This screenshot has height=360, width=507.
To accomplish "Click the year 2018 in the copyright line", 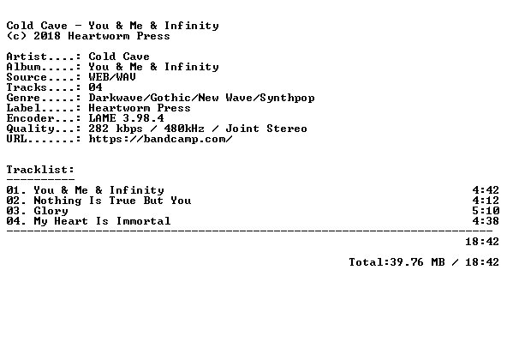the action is tap(47, 36).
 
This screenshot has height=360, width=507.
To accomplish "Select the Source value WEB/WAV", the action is tap(112, 77).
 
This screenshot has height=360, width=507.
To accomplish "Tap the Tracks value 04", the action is tap(95, 87).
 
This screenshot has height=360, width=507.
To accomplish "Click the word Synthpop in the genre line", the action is tap(287, 98).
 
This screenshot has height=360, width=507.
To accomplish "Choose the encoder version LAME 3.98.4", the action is tap(127, 118).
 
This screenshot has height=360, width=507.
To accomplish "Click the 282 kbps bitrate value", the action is tap(116, 129).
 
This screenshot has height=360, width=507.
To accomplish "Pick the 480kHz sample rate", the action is tap(184, 129).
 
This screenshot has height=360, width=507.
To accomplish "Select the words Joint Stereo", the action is tap(266, 129).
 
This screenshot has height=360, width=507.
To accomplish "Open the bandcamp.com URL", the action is tap(160, 139).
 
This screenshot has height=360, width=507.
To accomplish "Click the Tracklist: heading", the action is tap(40, 170).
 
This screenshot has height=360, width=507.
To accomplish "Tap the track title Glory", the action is tap(51, 211).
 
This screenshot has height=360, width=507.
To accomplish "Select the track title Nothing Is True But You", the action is tap(112, 201).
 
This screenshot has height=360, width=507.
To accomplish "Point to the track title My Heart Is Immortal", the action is tap(102, 221).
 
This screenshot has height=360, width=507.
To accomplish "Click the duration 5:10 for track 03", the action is tap(486, 211).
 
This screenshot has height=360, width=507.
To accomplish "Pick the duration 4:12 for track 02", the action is tap(486, 201).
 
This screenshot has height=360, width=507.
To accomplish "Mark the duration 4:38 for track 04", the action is tap(486, 221).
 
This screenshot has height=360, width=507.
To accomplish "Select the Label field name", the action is tap(23, 108).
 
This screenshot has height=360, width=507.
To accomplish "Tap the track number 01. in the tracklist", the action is tap(16, 190).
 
